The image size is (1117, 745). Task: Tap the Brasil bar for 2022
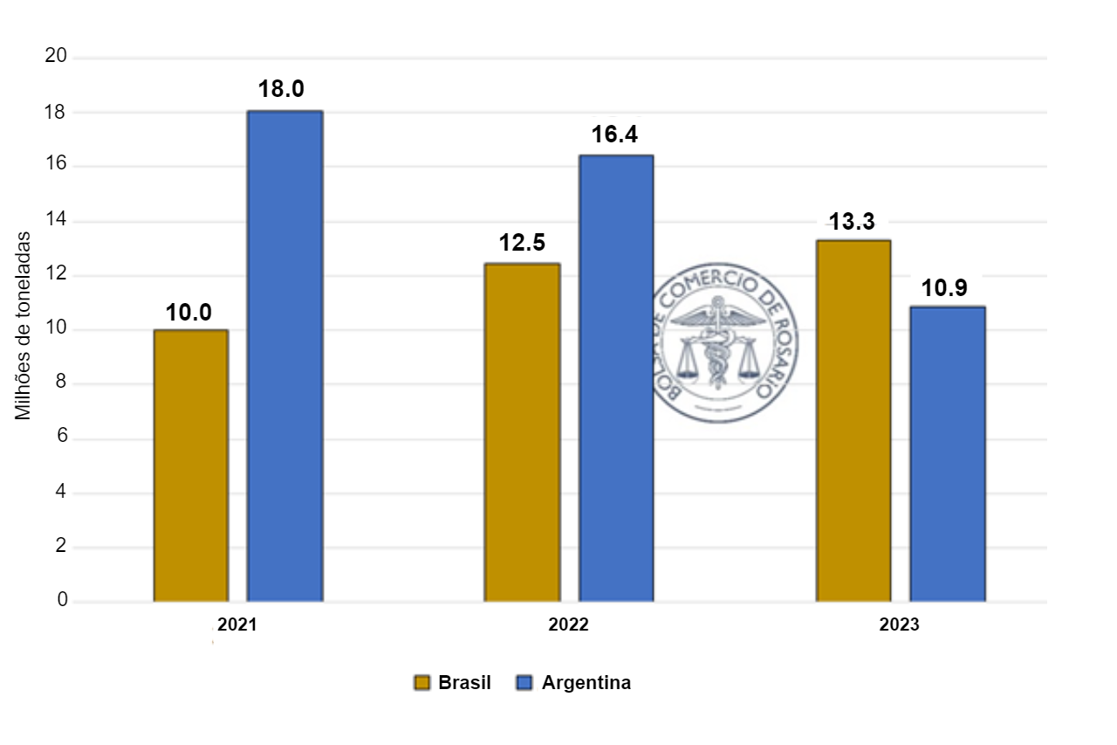[x=522, y=432]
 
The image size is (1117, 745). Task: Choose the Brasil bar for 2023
[x=853, y=421]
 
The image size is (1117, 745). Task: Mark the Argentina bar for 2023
[x=947, y=454]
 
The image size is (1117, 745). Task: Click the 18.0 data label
[x=281, y=89]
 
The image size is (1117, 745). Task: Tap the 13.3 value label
[x=852, y=222]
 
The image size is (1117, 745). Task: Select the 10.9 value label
[x=945, y=287]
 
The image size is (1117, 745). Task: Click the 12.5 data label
[x=522, y=243]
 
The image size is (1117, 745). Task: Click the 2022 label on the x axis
[x=568, y=625]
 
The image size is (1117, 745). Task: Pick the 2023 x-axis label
[x=899, y=625]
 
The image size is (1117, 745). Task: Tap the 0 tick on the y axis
[x=62, y=601]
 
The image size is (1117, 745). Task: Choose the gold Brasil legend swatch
[x=422, y=683]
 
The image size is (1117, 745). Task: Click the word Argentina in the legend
[x=586, y=683]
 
